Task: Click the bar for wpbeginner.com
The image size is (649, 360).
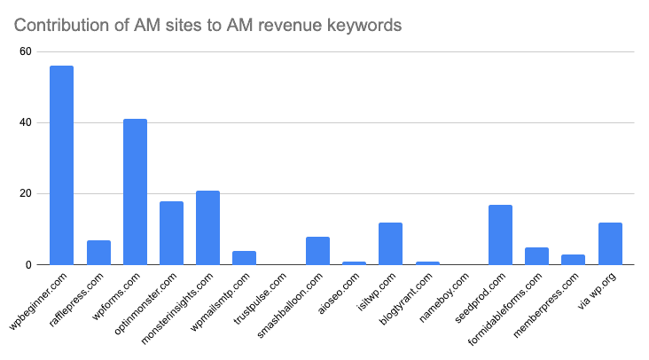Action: coord(61,165)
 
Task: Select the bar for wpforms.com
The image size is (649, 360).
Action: coord(135,192)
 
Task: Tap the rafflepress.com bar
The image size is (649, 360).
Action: coord(98,253)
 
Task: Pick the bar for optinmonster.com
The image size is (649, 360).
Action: coord(171,233)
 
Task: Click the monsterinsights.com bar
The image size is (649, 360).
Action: coord(207,228)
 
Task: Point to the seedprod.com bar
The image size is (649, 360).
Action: coord(500,235)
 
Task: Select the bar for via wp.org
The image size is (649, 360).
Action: coord(610,244)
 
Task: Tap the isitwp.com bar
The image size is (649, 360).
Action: coord(390,244)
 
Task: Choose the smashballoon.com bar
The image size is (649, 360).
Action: coord(317,251)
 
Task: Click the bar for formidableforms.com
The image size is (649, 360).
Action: coord(536,256)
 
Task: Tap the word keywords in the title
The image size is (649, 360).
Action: coord(365,25)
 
